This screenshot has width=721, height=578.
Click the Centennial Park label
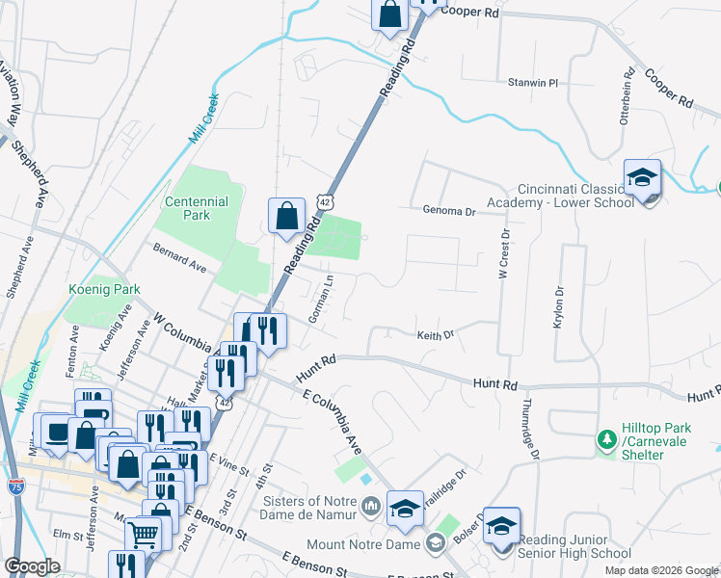coord(196,208)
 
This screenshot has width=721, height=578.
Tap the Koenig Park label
coord(104,289)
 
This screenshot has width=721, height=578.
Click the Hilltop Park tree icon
coord(607,439)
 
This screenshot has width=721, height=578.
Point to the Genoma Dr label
coord(449,211)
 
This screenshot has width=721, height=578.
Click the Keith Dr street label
coord(435,335)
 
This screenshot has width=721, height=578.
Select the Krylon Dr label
coord(557,307)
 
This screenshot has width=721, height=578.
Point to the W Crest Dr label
coord(503,253)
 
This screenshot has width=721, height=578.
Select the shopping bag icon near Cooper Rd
coord(389,15)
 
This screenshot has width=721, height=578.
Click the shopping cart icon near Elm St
coord(144,532)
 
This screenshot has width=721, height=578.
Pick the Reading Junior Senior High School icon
coord(501,527)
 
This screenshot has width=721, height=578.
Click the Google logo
coord(32,566)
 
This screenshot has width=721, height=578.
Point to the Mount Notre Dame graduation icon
coord(435,543)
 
